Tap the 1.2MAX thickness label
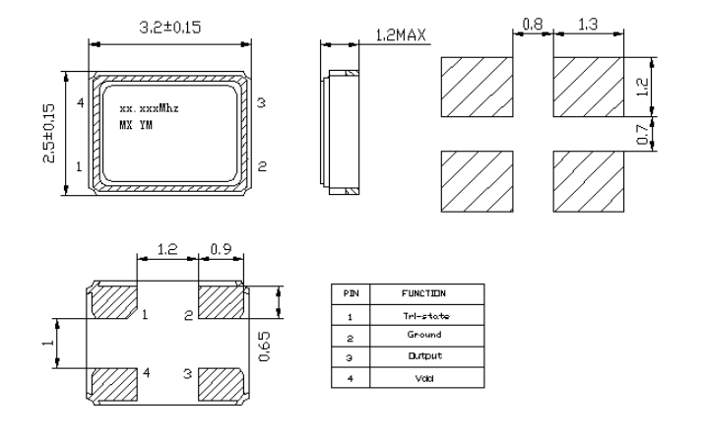pos(400,37)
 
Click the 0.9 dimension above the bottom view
pos(222,251)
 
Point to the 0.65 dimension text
pos(263,345)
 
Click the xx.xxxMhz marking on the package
pos(149,106)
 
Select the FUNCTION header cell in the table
pos(424,293)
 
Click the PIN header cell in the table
pos(351,293)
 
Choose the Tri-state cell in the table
pos(424,315)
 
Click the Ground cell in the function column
pos(424,335)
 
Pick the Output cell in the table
pos(424,355)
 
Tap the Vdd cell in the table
pos(424,376)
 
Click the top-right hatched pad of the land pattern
pos(588,84)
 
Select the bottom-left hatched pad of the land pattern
pos(477,180)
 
